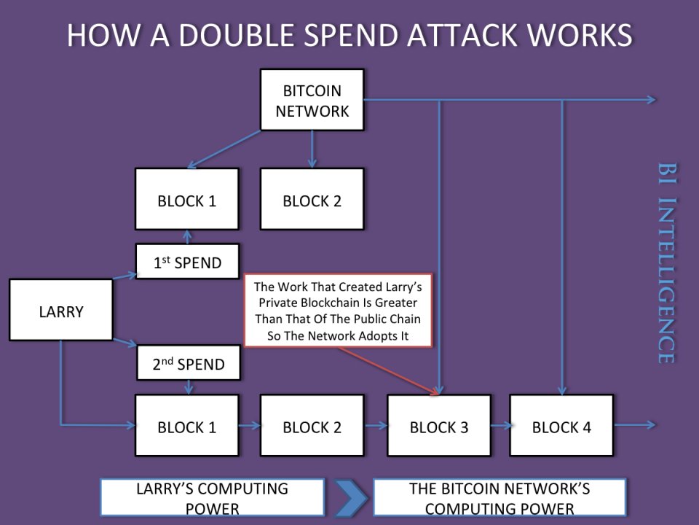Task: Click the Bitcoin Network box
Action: pos(312,100)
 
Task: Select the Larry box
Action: pos(61,311)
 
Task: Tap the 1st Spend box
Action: pos(187,262)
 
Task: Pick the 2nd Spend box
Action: pos(189,363)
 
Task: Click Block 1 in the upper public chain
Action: pos(186,199)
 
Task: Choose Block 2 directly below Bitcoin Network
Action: pos(312,199)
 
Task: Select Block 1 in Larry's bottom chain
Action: pos(186,426)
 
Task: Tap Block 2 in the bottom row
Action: pos(312,426)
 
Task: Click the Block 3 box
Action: pos(438,427)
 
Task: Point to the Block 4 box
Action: pos(561,427)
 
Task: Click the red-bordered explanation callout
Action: pos(338,309)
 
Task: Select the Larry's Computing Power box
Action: pos(212,498)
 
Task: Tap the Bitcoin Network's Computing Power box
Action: pos(499,498)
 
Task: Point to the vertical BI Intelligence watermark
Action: pos(666,262)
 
